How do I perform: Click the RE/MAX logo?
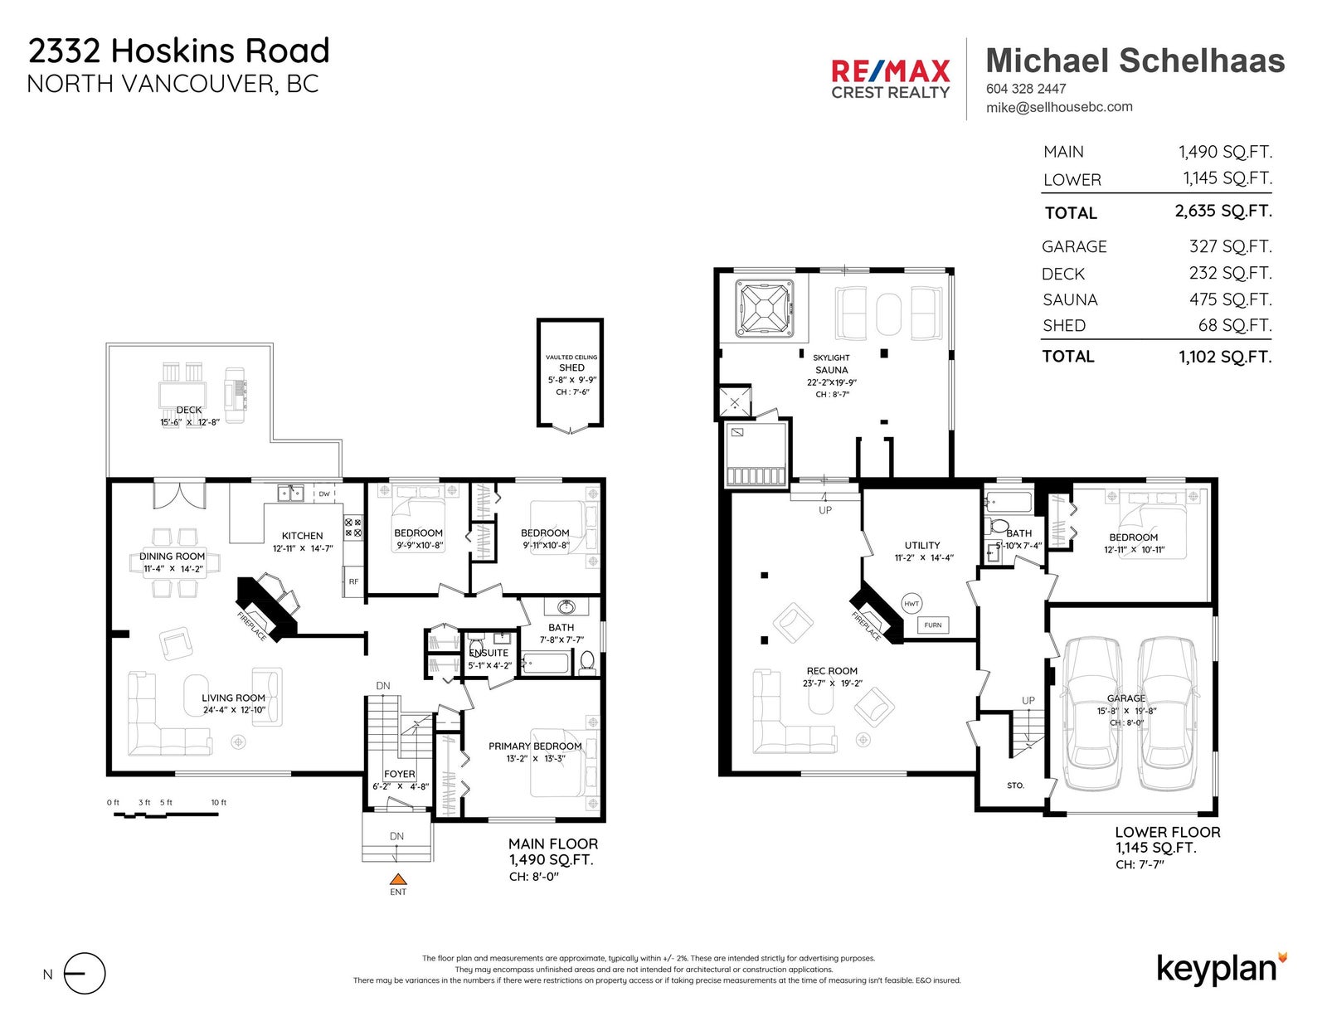[890, 79]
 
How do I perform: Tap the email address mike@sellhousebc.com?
[1059, 107]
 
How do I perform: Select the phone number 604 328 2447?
[1026, 89]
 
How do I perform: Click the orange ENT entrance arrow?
[398, 879]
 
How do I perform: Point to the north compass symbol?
[85, 974]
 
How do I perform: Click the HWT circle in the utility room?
[911, 604]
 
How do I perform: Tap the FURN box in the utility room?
[932, 625]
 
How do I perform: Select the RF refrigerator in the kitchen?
[353, 581]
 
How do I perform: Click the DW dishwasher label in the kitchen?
[324, 494]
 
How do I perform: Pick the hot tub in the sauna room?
[765, 309]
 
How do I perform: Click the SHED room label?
[571, 367]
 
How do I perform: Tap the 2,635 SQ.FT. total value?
[1223, 212]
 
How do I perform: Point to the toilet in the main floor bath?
[586, 661]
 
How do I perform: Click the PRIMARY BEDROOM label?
[535, 746]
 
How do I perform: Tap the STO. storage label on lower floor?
[1015, 785]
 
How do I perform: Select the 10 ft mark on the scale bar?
[219, 803]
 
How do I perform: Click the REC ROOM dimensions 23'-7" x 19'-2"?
[832, 683]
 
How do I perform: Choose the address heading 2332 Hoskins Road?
[179, 51]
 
